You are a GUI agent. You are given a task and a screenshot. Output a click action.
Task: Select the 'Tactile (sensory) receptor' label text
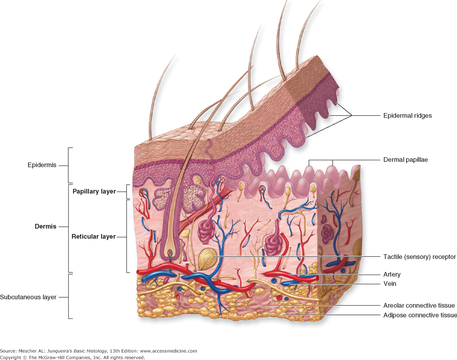coord(420,257)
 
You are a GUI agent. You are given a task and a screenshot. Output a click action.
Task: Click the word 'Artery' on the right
coord(392,275)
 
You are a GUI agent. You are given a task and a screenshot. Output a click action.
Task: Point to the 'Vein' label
coord(390,284)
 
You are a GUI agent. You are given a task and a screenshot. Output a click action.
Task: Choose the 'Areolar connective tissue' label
coord(419,305)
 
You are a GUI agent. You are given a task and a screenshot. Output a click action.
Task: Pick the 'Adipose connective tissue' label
coord(420,315)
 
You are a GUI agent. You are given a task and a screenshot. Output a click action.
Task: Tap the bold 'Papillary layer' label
coord(94,191)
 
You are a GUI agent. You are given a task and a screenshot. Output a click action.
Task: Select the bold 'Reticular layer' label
coord(94,236)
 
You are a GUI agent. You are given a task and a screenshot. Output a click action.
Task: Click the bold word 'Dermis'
coord(45,227)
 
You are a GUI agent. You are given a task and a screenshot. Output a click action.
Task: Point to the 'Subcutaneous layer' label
coord(28,297)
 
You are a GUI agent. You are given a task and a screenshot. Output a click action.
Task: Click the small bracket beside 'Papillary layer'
coord(127,191)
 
